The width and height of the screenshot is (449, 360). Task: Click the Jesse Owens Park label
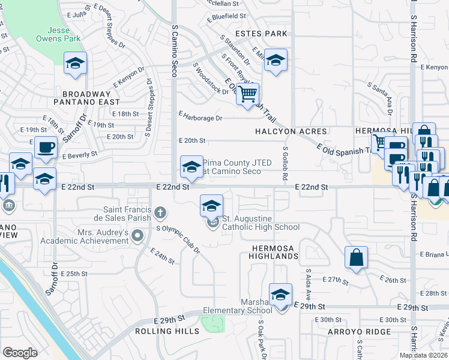pos(63,34)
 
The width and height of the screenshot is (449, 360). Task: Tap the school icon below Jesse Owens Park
pos(76,63)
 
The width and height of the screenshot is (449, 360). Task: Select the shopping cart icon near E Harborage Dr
pos(247,94)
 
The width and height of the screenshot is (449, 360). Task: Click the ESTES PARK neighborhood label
pos(261,34)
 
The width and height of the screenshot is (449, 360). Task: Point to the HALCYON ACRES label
pos(291,131)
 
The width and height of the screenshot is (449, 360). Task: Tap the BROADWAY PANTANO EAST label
pos(86,98)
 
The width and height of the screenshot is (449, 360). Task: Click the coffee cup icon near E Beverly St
pos(46,147)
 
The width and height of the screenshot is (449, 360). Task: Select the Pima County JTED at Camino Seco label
pos(232,167)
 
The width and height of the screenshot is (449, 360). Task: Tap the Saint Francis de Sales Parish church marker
pos(160,212)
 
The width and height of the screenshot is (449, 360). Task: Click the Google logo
pos(20,353)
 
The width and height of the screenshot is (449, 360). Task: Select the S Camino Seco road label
pos(175,46)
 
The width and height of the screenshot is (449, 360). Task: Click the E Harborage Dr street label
pos(200,118)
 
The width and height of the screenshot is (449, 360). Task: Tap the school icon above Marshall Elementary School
pos(280,295)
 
